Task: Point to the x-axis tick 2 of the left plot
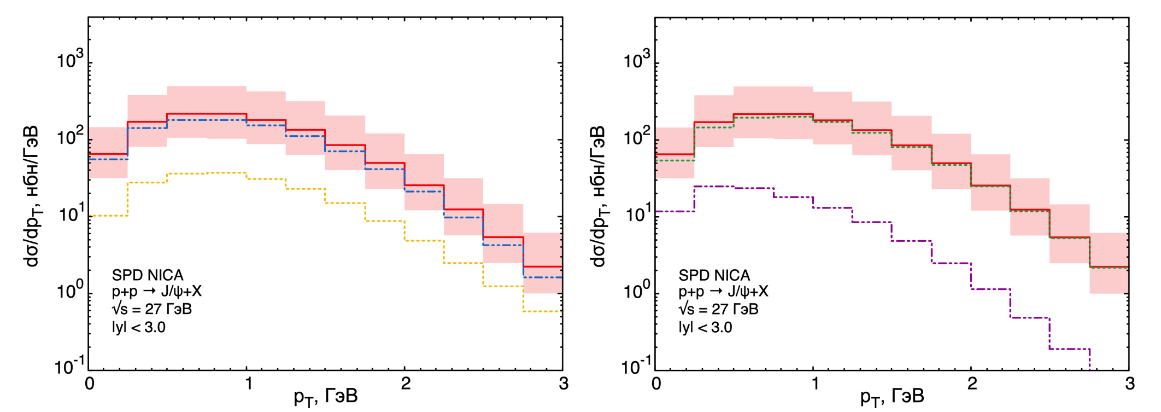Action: [405, 384]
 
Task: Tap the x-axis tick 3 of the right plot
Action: [1130, 384]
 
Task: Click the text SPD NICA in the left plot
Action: [148, 275]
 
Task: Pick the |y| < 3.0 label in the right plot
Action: [705, 328]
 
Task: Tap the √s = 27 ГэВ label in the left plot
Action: [152, 310]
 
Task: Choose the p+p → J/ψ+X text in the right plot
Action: [723, 292]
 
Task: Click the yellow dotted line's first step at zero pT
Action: [108, 216]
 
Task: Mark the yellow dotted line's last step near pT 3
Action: [543, 311]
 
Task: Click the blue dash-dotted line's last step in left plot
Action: [543, 277]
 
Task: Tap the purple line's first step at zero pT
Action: [675, 211]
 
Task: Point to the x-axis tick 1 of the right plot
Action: [814, 384]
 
